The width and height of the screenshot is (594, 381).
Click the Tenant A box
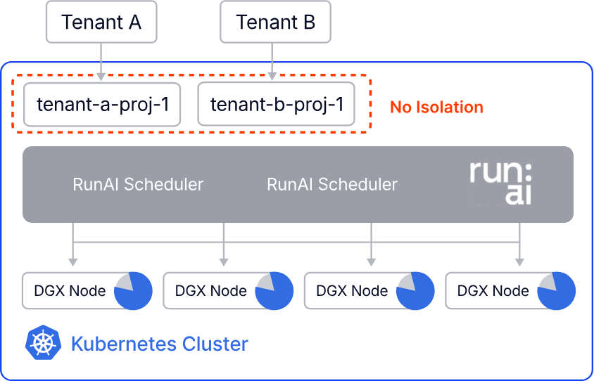point(101,22)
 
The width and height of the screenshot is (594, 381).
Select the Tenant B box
point(275,22)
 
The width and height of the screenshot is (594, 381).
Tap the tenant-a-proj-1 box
point(102,105)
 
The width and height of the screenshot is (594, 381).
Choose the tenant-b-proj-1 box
point(276,105)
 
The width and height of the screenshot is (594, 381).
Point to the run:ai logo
point(500,183)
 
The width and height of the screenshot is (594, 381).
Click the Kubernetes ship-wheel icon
point(44,343)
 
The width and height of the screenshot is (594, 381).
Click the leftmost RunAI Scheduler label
point(138,184)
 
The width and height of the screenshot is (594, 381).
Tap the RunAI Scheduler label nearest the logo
point(332,184)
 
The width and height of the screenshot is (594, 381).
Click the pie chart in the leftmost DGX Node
point(133,291)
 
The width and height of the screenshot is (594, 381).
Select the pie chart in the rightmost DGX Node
point(557,291)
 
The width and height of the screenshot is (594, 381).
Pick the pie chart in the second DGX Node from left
point(274,291)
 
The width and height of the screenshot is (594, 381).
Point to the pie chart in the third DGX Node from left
point(415,291)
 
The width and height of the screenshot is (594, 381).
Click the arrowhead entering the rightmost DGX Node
point(519,262)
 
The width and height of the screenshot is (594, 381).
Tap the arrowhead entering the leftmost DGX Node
point(73,262)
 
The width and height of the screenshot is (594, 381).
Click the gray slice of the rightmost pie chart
point(548,283)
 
